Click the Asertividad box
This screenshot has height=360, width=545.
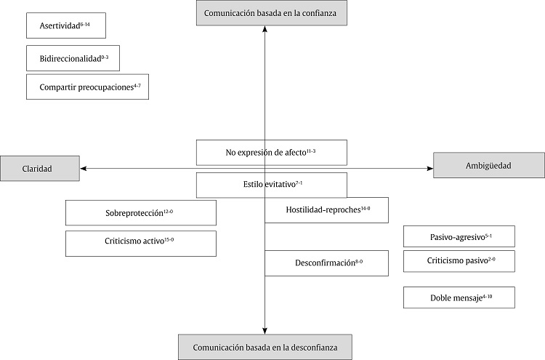66,25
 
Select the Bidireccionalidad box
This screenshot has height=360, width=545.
72,57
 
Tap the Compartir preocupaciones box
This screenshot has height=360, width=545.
87,87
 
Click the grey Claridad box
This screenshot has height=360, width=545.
40,168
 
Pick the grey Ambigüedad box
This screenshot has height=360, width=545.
488,166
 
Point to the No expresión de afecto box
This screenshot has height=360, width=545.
271,152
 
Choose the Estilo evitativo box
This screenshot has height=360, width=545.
271,185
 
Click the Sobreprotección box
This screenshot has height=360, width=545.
141,212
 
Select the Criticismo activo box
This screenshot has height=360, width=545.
141,244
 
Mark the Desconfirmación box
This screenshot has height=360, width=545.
326,263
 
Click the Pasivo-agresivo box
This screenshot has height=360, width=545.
459,236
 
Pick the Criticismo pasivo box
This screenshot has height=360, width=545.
459,261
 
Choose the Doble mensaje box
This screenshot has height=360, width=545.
459,297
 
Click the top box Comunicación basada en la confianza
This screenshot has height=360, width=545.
265,13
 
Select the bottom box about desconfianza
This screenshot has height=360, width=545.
265,347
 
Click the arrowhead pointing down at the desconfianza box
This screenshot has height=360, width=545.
265,330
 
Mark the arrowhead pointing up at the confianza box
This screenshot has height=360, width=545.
265,30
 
